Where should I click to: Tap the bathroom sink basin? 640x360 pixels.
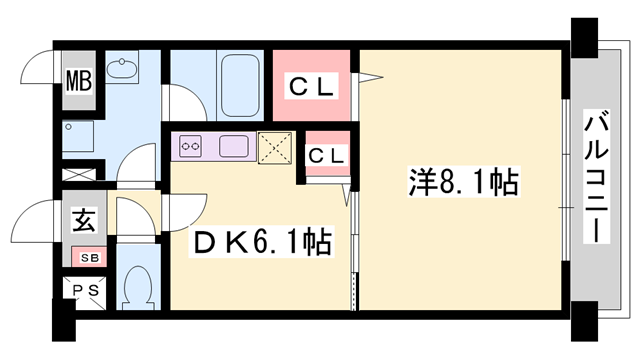[125, 69]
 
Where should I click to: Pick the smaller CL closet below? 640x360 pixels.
[325, 155]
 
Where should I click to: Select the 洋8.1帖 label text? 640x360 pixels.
[462, 184]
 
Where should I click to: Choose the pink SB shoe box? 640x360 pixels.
[90, 258]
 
